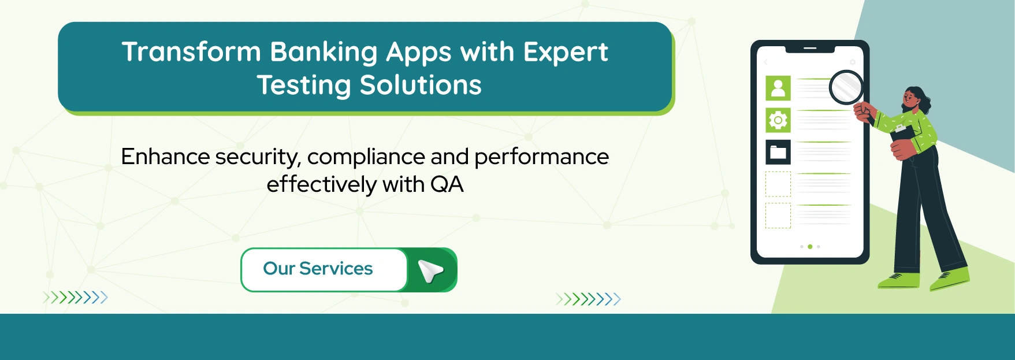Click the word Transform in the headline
click(191, 52)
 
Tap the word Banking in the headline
click(324, 52)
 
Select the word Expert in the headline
click(566, 52)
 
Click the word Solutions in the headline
click(421, 86)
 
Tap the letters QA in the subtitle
click(447, 185)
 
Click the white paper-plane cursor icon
click(431, 270)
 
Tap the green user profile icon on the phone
click(778, 88)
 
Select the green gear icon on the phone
click(778, 120)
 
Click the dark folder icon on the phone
click(778, 153)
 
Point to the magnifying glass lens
click(846, 87)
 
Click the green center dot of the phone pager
click(810, 247)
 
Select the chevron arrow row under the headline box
click(75, 298)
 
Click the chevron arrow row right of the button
click(588, 299)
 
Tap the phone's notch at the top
click(810, 49)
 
